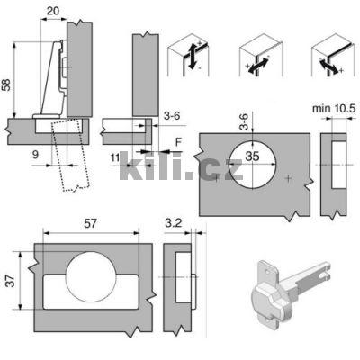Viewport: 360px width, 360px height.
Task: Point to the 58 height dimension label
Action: click(8, 84)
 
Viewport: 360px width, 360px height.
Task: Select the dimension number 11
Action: click(114, 158)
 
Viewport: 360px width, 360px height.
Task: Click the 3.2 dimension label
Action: click(175, 220)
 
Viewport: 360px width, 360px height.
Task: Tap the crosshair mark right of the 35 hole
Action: click(287, 179)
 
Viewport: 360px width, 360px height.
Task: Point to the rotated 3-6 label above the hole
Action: click(244, 120)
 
